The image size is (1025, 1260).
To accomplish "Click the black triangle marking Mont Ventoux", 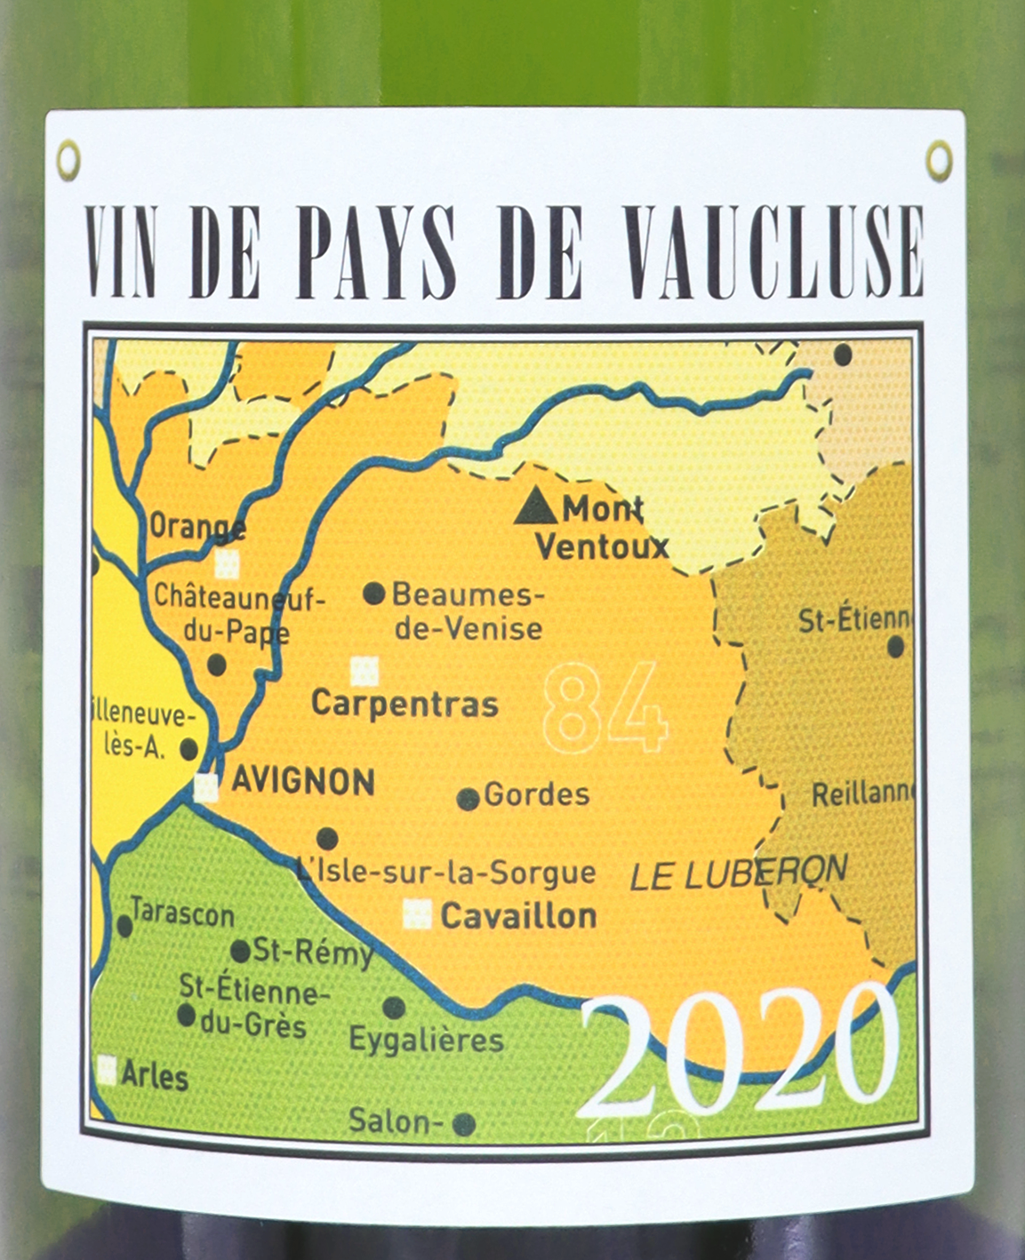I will pos(536,506).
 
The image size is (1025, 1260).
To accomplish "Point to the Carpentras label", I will pos(404,705).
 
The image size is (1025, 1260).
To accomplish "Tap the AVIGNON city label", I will pos(303,782).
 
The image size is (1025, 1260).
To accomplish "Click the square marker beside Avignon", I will pos(206,786).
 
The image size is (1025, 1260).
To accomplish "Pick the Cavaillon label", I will pos(518,916).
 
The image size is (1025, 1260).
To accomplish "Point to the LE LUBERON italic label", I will pos(738,875).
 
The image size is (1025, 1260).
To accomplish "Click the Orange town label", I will pos(196,527).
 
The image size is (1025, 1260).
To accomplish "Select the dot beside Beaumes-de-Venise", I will pos(374,594).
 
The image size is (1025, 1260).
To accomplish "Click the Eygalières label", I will pos(426,1040).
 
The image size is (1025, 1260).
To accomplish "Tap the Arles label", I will pos(155,1076).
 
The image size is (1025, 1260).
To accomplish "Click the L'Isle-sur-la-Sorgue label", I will pos(446,873).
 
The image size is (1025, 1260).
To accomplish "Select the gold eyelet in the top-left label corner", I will pos(68,161).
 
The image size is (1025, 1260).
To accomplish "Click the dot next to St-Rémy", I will pos(240,952).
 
